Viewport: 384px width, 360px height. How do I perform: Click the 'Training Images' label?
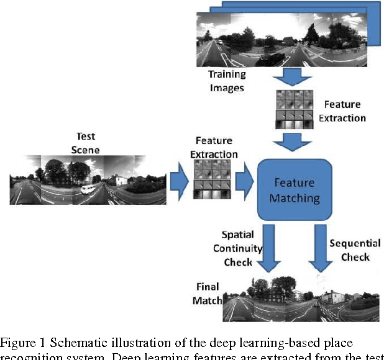pyautogui.click(x=227, y=80)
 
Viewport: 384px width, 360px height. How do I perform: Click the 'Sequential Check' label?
pyautogui.click(x=350, y=250)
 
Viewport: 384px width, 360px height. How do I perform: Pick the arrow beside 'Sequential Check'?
pyautogui.click(x=321, y=249)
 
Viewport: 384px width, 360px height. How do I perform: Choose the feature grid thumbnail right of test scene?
pyautogui.click(x=212, y=180)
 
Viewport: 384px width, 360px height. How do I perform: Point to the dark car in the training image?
pyautogui.click(x=272, y=59)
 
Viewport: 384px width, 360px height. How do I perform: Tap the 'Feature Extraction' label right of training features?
pyautogui.click(x=342, y=111)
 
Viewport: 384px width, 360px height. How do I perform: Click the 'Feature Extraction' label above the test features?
pyautogui.click(x=217, y=148)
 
